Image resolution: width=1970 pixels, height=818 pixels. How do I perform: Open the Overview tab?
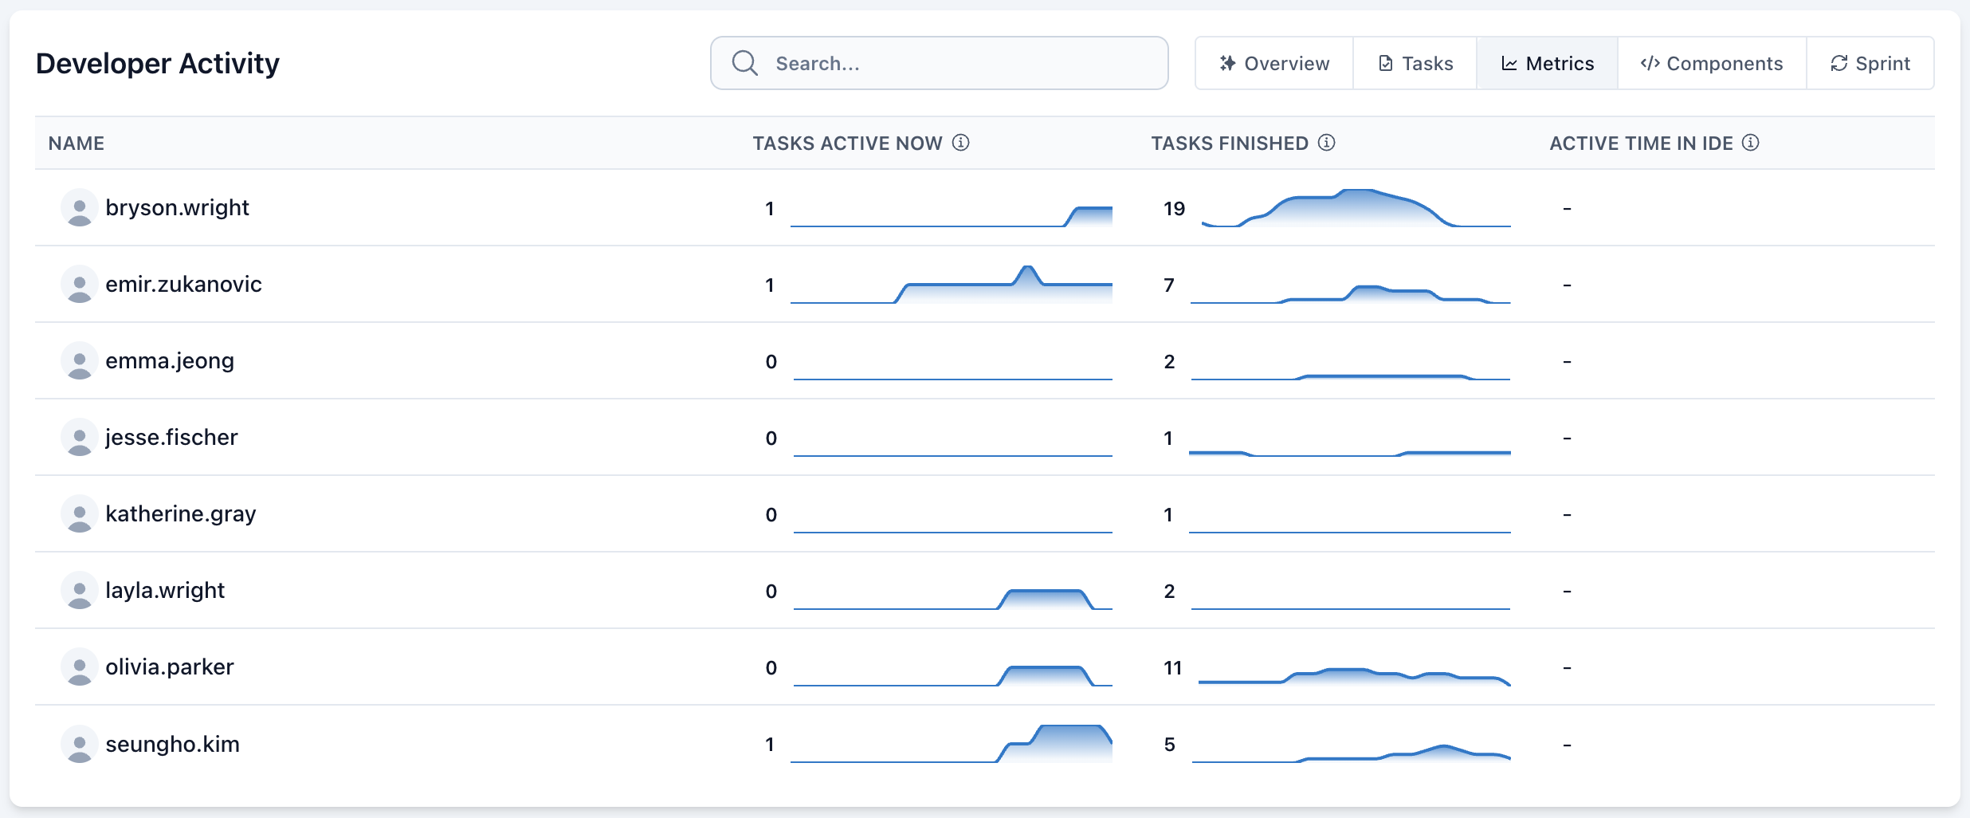click(x=1274, y=63)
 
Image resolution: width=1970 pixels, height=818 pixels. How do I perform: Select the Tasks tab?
click(x=1415, y=63)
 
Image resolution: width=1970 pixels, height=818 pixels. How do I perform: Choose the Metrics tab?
click(x=1548, y=63)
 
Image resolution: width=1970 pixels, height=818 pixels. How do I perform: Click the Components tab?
click(x=1712, y=63)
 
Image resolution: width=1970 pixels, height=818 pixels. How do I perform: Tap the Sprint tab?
click(x=1870, y=63)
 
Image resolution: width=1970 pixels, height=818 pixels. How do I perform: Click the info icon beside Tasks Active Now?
click(x=961, y=143)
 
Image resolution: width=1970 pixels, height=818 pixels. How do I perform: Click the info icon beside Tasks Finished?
click(x=1327, y=143)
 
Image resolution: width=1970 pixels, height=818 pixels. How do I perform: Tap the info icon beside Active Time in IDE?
click(x=1751, y=143)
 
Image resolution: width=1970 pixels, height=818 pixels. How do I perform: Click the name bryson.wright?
click(x=177, y=208)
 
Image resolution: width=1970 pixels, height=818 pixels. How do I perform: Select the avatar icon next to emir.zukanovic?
click(x=79, y=285)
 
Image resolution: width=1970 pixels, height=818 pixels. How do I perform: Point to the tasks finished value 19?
click(x=1174, y=209)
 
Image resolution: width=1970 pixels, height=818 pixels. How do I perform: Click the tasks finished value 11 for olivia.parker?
click(x=1172, y=668)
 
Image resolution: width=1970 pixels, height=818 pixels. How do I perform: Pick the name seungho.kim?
click(x=172, y=745)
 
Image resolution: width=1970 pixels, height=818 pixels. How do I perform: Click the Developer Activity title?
click(x=158, y=63)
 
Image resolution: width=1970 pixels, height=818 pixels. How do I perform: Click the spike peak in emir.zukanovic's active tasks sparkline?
click(x=1027, y=269)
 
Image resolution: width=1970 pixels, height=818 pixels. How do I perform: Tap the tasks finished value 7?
click(x=1169, y=285)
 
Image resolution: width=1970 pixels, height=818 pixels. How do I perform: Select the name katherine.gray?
click(x=180, y=514)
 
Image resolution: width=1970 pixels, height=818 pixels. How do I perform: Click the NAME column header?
click(x=77, y=144)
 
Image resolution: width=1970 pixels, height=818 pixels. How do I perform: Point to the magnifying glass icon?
click(x=745, y=63)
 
